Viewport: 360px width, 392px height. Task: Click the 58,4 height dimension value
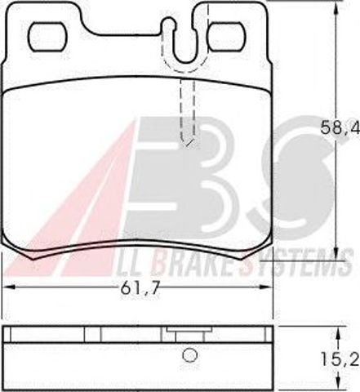coord(340,127)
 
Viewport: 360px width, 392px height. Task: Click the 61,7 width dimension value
coord(140,287)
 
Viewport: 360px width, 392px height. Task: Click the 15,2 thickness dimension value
coord(340,359)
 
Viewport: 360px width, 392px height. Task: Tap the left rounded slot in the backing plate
coord(47,37)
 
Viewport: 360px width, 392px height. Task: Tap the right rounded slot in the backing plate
coord(226,37)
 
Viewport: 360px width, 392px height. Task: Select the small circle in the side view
coord(189,355)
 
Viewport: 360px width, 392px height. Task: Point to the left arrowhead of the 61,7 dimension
coord(9,287)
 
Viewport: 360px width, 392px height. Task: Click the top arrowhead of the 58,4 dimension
coord(336,7)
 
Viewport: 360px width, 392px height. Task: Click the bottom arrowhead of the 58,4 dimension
coord(336,254)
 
